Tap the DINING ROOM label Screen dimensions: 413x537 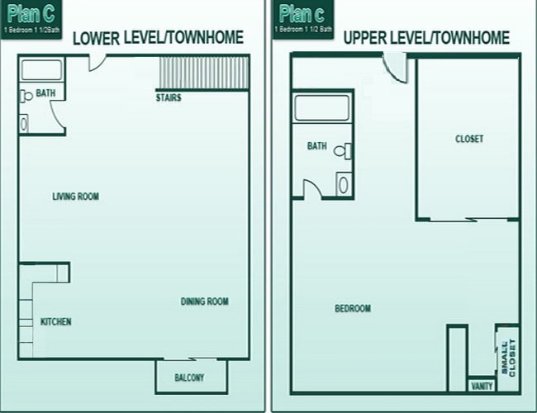204,301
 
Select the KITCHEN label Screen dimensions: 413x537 55,321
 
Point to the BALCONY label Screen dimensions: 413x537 189,378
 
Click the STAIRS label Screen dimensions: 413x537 169,98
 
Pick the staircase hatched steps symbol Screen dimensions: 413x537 203,72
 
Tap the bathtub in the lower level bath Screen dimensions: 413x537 41,70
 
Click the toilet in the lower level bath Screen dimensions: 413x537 27,96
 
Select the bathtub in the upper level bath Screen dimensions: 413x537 322,108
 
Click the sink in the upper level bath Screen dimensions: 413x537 343,183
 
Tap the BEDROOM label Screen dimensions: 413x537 352,309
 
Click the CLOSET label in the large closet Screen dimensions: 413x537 469,139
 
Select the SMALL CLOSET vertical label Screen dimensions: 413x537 506,357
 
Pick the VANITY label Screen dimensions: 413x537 482,386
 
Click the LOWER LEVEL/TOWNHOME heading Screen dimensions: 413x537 159,38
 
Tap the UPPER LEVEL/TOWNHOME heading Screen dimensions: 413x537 425,38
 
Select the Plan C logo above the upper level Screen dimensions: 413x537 302,16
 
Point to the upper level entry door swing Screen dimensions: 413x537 396,67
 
